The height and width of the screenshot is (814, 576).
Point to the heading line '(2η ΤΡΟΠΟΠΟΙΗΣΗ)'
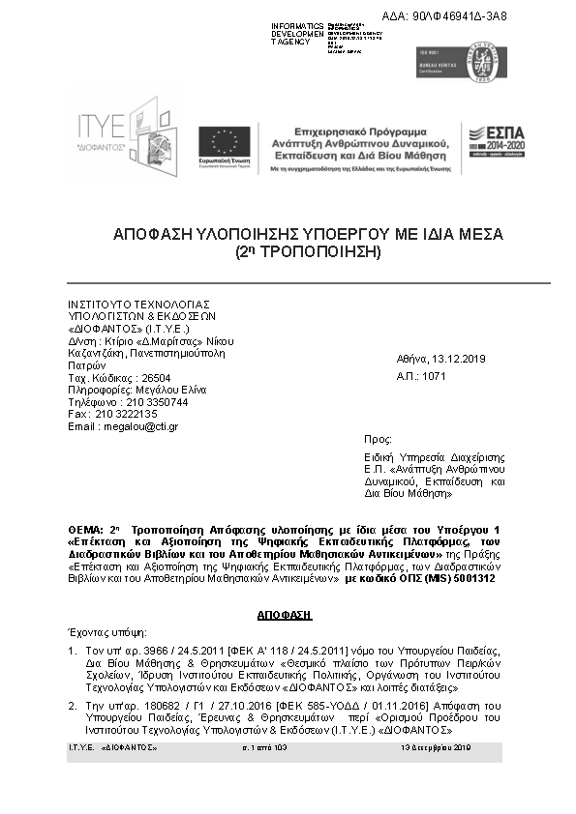tap(308, 252)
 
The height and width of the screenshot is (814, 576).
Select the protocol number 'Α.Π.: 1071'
tap(421, 376)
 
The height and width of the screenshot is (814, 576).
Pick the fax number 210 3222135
tap(126, 414)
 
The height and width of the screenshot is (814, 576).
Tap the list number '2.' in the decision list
tap(73, 707)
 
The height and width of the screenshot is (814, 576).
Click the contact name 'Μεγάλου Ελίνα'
tap(158, 390)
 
